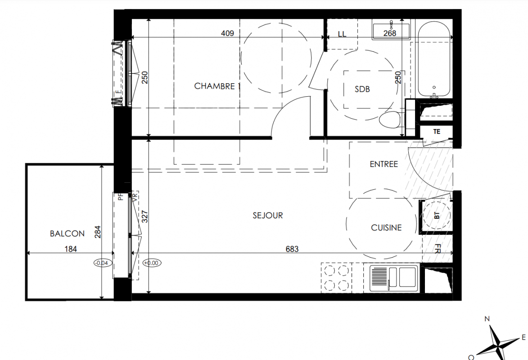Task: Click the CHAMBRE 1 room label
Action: tap(217, 86)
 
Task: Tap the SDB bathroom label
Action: tap(362, 89)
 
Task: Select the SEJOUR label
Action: tap(268, 215)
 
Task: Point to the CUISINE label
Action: tap(386, 228)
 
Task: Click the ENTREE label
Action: tap(384, 164)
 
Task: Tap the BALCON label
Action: tap(67, 234)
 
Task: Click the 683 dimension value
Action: tap(292, 249)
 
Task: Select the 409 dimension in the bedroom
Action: tap(227, 33)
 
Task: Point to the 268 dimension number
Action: tap(390, 33)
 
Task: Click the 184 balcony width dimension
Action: tap(71, 249)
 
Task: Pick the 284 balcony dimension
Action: tap(98, 232)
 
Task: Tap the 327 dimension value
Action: tap(145, 216)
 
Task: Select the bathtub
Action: tap(434, 59)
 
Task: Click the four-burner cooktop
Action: tap(336, 278)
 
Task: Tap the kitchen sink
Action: tap(394, 278)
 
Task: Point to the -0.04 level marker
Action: tap(102, 263)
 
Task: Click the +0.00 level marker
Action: tap(152, 263)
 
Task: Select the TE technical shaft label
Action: tap(437, 132)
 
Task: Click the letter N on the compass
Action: tap(487, 319)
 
